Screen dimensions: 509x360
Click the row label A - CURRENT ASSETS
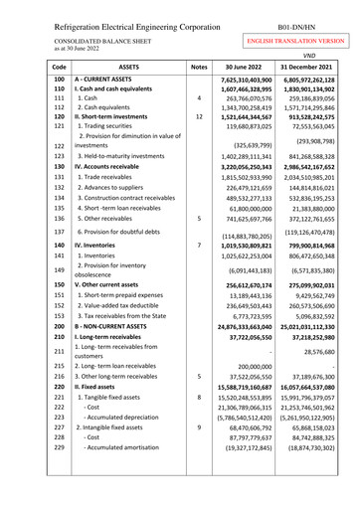tap(112, 79)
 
